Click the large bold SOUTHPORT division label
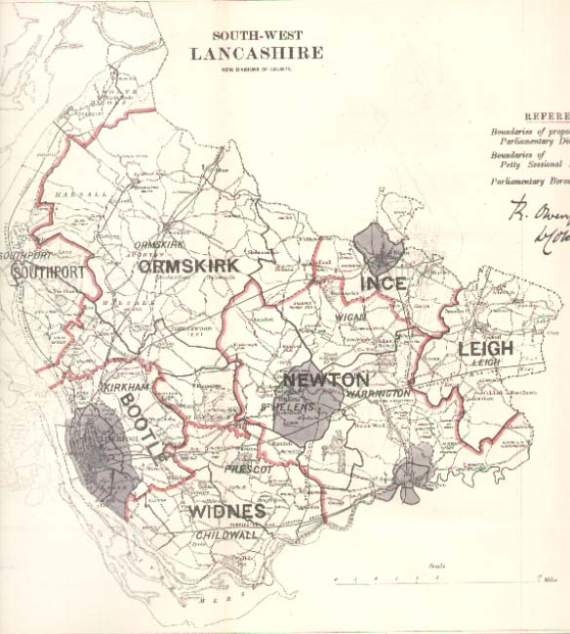[x=45, y=273]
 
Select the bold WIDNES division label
[x=226, y=511]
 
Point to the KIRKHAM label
[x=124, y=388]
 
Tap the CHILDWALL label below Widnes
[x=225, y=535]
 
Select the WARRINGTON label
[x=377, y=393]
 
